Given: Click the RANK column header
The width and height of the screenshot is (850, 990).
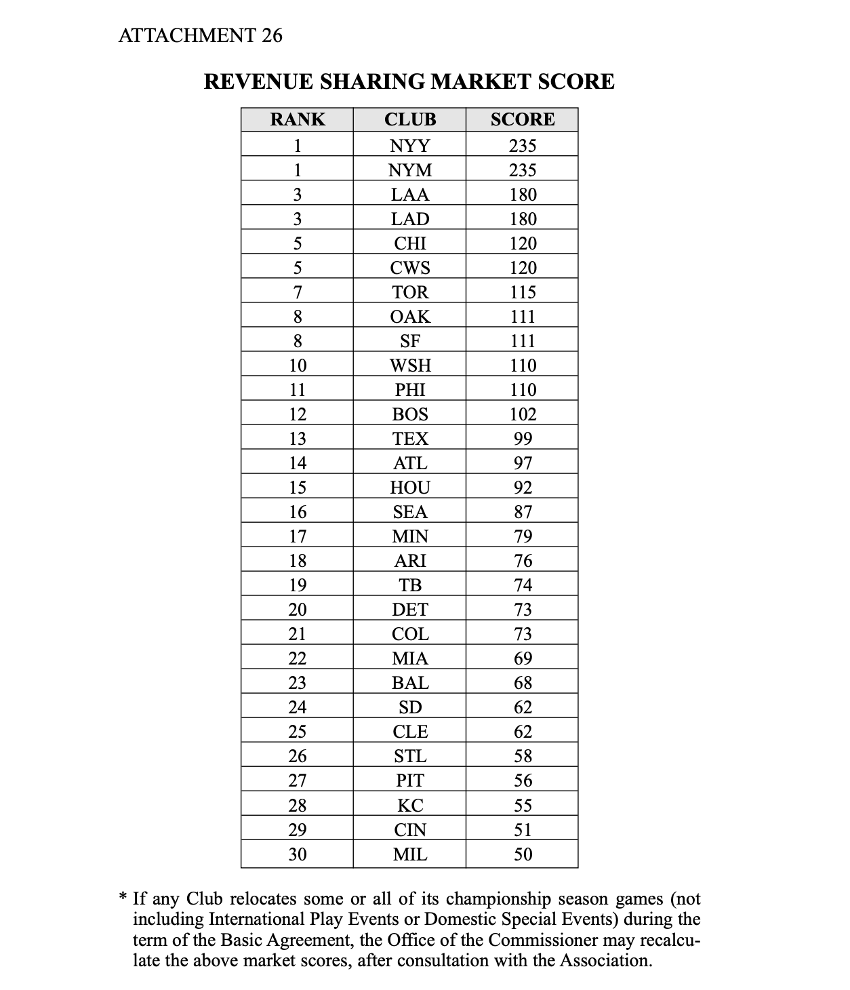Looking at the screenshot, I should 297,120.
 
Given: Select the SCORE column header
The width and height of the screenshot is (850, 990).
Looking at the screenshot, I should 522,120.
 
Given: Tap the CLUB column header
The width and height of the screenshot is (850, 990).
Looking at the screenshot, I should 410,120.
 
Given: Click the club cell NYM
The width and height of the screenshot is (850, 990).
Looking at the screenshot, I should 410,170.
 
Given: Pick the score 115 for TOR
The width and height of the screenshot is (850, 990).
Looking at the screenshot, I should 523,292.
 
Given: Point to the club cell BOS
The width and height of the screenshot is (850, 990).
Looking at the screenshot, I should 410,414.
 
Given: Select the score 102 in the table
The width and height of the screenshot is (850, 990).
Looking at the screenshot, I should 523,414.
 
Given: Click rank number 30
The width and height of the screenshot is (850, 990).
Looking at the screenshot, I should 298,854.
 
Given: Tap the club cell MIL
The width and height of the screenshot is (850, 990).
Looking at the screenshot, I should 410,854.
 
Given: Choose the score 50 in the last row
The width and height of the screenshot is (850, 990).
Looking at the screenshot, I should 523,854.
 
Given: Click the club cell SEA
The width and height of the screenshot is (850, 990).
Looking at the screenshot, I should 410,512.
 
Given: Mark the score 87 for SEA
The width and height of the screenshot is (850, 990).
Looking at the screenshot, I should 523,512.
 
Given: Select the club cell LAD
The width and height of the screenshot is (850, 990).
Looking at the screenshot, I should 410,219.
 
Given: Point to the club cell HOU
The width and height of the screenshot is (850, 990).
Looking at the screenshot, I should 410,488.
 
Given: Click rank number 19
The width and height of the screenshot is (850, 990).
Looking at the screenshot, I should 298,585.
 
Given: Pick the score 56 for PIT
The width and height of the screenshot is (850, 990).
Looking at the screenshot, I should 523,780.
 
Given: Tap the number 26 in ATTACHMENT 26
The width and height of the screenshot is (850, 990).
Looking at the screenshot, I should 271,35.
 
